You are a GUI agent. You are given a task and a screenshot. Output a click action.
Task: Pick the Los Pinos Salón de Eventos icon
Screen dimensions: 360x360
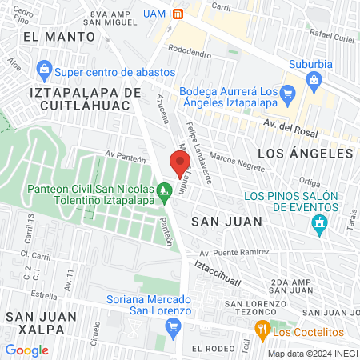(320, 222)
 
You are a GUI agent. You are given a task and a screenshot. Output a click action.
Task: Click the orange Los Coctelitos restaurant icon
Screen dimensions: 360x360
(262, 329)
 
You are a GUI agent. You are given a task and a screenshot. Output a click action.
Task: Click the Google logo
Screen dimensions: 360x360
(27, 350)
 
